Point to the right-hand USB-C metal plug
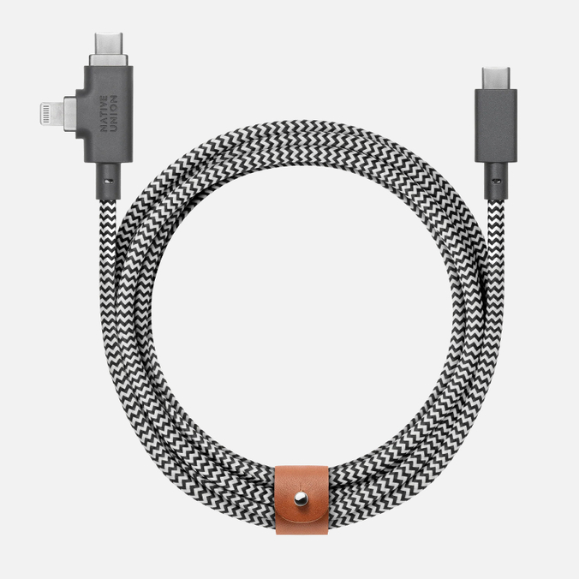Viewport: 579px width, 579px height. (497, 72)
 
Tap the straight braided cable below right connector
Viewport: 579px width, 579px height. (497, 257)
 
